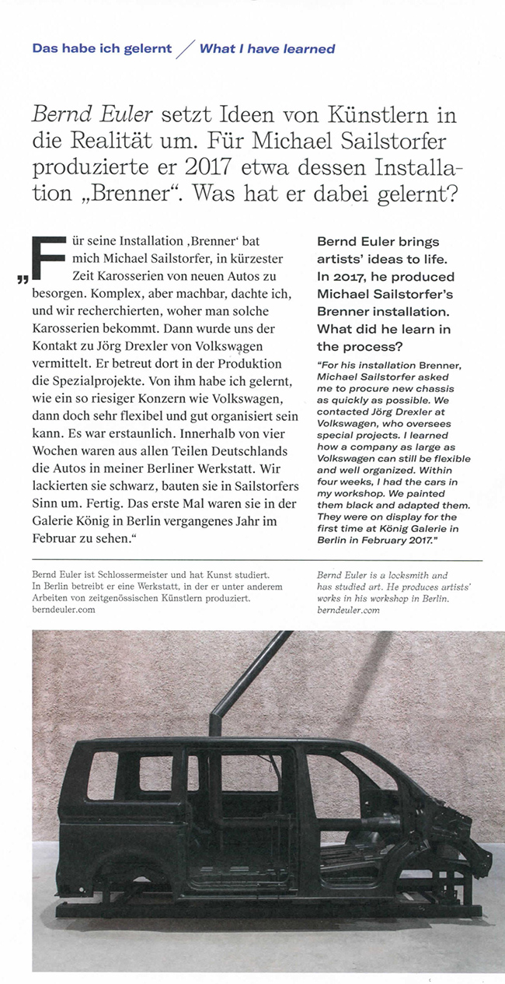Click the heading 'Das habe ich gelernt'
pos(102,48)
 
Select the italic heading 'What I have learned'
pos(267,48)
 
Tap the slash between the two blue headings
pos(186,49)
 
